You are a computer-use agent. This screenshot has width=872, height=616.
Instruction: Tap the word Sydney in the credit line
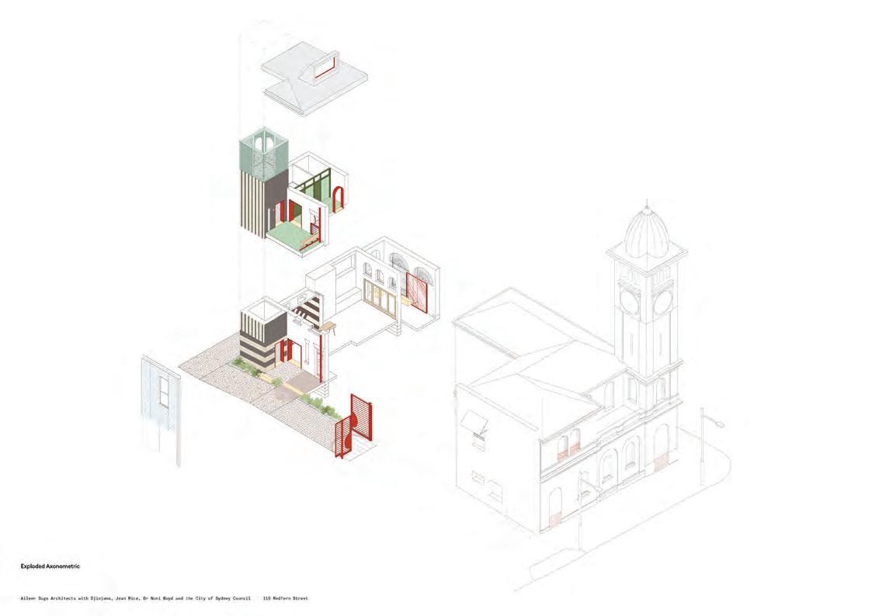coord(221,599)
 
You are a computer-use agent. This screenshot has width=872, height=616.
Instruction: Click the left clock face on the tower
coord(629,299)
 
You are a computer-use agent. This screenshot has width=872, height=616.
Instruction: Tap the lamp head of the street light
coord(720,424)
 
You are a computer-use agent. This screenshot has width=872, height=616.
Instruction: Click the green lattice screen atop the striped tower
coord(262,157)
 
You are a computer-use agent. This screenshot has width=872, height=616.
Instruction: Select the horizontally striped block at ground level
coord(256,341)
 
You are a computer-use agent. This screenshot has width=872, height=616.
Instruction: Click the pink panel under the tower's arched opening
coord(662,462)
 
